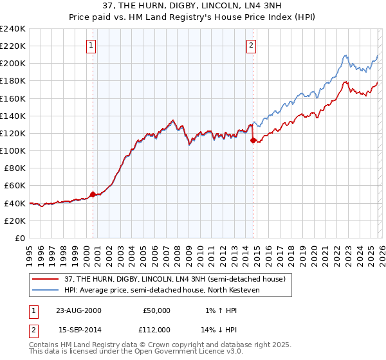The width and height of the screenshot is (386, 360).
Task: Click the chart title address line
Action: (192, 6)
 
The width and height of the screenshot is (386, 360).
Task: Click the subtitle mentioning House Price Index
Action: (192, 17)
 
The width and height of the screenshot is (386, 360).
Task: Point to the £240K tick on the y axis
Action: (13, 29)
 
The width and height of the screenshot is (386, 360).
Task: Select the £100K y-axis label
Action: (13, 150)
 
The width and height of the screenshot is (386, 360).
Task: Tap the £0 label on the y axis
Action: (19, 238)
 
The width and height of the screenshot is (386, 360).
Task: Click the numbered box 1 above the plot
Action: (91, 45)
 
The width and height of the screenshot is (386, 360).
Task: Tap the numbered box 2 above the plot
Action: (251, 45)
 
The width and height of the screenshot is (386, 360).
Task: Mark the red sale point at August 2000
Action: (93, 194)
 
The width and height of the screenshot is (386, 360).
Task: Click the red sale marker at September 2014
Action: (253, 140)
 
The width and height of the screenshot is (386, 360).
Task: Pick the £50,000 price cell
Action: (156, 310)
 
